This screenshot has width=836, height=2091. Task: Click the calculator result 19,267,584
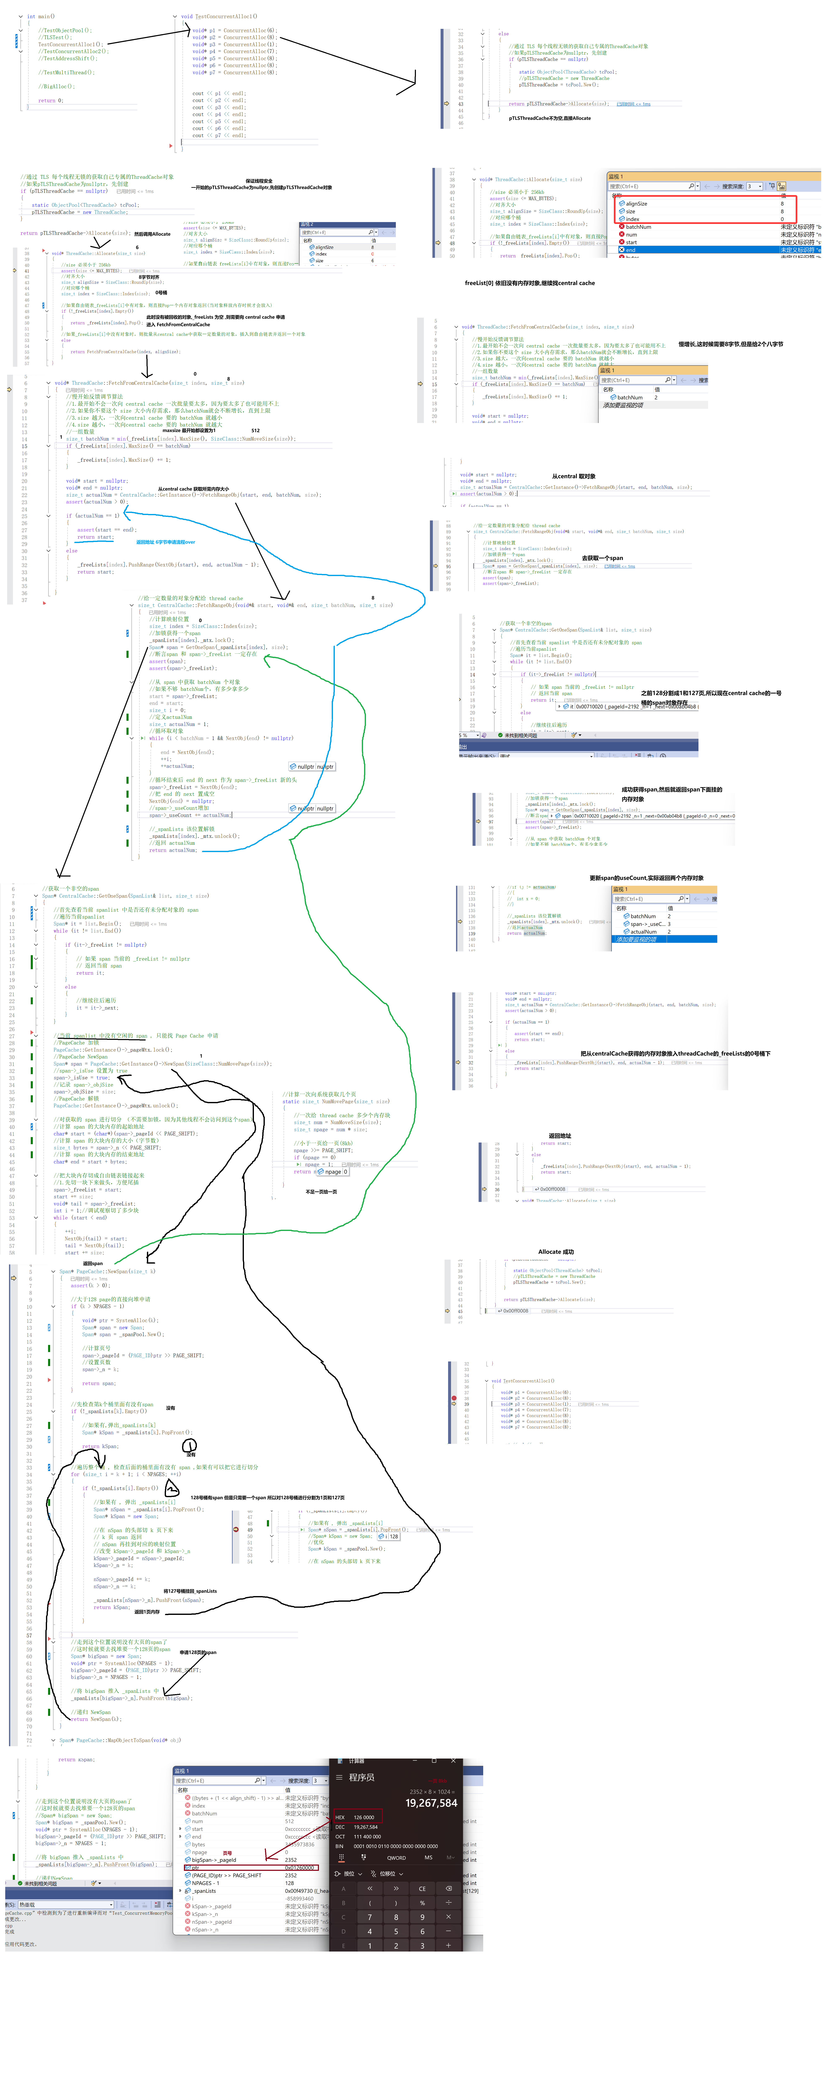tap(431, 1803)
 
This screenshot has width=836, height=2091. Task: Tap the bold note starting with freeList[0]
tap(529, 283)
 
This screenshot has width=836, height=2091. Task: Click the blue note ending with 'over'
tap(166, 541)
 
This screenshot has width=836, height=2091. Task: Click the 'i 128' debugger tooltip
tap(390, 1536)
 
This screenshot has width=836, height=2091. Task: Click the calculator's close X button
tap(455, 1761)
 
